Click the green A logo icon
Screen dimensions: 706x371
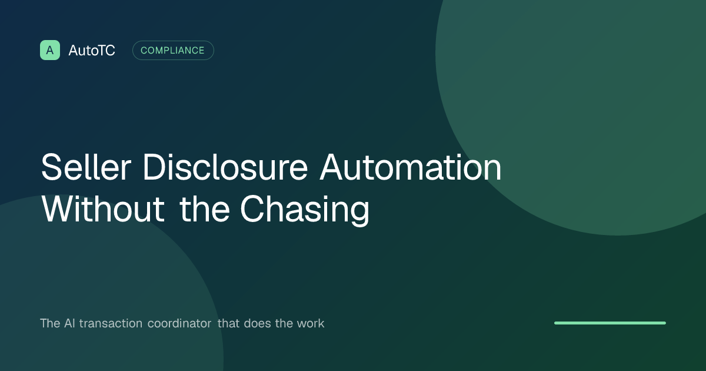[x=50, y=50]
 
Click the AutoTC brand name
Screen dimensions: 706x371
[x=92, y=51]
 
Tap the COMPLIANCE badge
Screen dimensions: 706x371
[x=173, y=51]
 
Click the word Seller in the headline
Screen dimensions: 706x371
[x=86, y=167]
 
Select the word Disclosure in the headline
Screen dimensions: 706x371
[x=225, y=167]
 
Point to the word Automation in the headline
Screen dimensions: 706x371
[x=411, y=167]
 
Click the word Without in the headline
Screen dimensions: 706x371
[x=103, y=209]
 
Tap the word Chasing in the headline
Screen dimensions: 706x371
[x=305, y=210]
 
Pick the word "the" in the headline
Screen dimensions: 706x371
[x=205, y=209]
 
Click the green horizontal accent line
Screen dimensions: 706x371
[x=610, y=323]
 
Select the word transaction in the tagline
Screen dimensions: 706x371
[x=111, y=323]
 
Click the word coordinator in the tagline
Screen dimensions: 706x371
[x=179, y=323]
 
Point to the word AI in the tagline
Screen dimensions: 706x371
[x=69, y=323]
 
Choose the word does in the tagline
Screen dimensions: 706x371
[x=258, y=323]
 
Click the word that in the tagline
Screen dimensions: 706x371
[x=228, y=323]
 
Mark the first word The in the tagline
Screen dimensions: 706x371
[x=50, y=323]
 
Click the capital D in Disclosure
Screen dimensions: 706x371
[x=154, y=167]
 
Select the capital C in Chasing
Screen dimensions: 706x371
[x=252, y=209]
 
